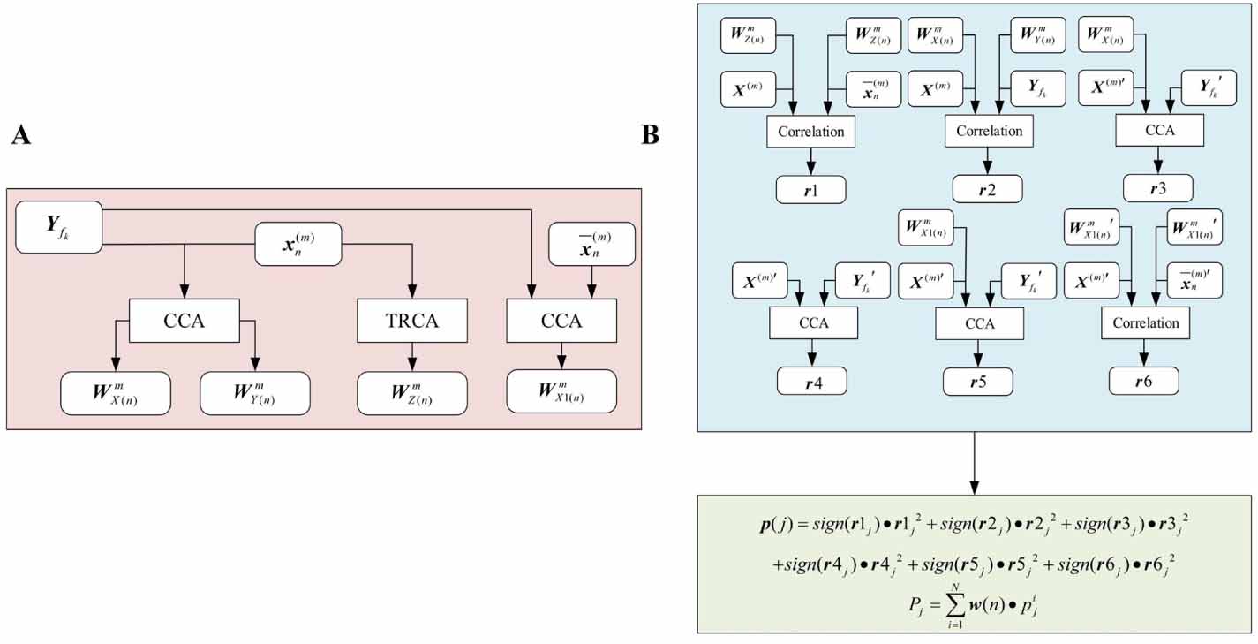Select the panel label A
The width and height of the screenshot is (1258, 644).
point(21,135)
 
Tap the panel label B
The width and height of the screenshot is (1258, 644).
point(649,135)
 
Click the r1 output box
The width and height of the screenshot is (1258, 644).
point(811,189)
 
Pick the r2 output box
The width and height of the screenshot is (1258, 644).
point(987,189)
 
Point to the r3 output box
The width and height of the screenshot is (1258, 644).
point(1158,188)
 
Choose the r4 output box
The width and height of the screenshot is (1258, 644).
point(811,381)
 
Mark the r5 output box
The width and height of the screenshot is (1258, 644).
point(978,381)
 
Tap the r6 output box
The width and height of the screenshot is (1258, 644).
point(1144,381)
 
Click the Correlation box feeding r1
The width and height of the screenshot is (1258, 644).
point(811,132)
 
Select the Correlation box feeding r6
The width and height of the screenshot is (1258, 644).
point(1145,323)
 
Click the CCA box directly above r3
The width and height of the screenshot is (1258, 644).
point(1158,132)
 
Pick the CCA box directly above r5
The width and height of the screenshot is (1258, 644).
point(979,323)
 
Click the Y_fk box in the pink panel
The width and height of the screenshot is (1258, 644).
point(59,227)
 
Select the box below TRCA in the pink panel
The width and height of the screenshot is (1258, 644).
point(411,393)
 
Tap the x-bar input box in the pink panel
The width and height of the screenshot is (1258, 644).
point(591,244)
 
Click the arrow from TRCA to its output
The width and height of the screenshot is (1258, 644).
point(411,357)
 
